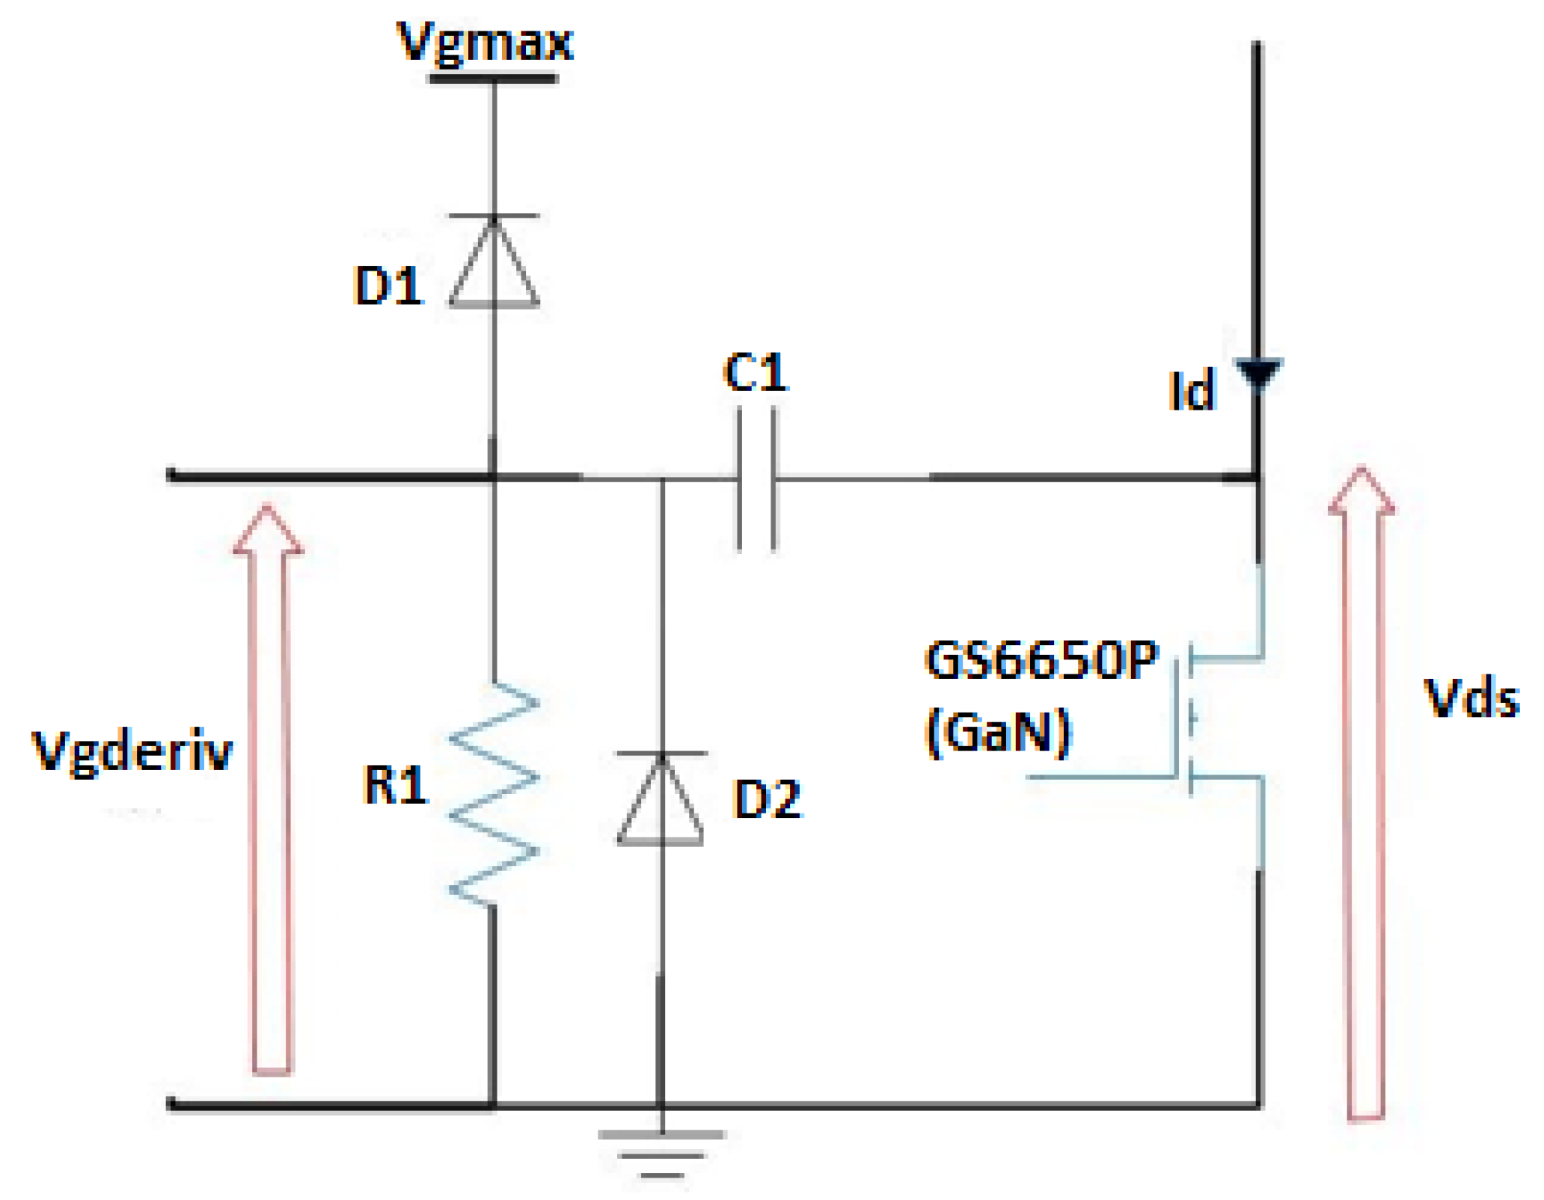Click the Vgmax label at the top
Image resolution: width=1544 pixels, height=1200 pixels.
click(485, 43)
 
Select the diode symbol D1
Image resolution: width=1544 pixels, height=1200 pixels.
click(494, 262)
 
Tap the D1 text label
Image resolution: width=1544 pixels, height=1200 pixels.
click(388, 286)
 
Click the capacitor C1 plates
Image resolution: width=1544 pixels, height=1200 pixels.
click(756, 479)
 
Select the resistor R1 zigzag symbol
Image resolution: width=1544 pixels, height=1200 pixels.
click(494, 793)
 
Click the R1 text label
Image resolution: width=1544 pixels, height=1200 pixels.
click(394, 785)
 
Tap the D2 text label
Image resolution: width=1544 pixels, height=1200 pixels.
click(768, 799)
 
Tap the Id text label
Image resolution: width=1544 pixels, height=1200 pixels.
click(1192, 390)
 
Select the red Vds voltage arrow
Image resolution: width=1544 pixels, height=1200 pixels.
click(1364, 793)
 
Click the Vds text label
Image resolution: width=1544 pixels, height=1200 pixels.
click(1471, 699)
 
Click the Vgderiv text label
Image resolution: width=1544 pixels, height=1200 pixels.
click(132, 751)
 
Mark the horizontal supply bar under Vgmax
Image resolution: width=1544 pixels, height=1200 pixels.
click(494, 79)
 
